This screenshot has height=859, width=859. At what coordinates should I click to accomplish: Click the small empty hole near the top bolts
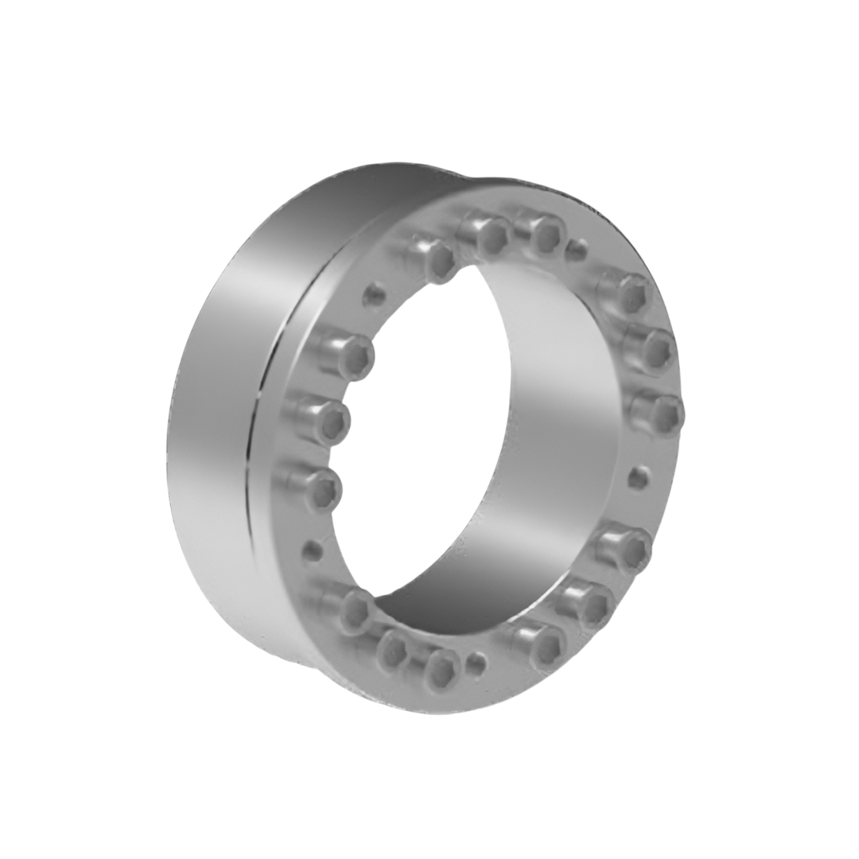click(x=577, y=251)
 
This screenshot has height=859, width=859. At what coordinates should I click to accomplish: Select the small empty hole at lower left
click(x=313, y=550)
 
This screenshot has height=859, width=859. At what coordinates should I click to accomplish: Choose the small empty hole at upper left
click(x=374, y=296)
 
